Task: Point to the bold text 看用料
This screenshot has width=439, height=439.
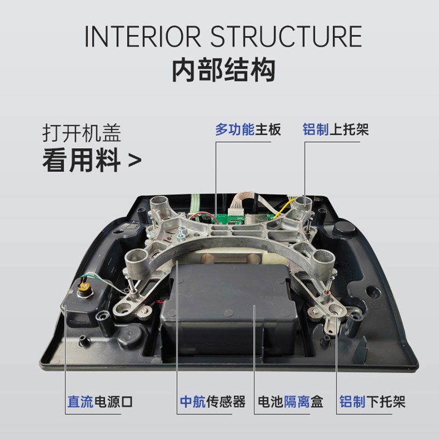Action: [x=82, y=161]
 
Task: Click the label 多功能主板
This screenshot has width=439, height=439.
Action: [x=247, y=130]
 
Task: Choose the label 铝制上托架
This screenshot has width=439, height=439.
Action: [x=335, y=130]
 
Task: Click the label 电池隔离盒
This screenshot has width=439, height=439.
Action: [x=290, y=402]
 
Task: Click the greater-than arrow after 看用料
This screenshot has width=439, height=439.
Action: [x=133, y=162]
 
